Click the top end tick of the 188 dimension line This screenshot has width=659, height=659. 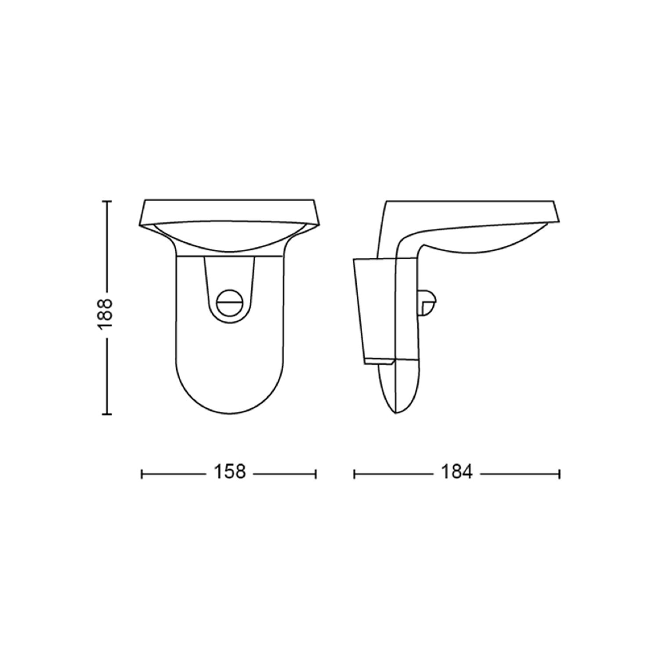pyautogui.click(x=106, y=201)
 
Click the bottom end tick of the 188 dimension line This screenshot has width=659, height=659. pyautogui.click(x=106, y=413)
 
